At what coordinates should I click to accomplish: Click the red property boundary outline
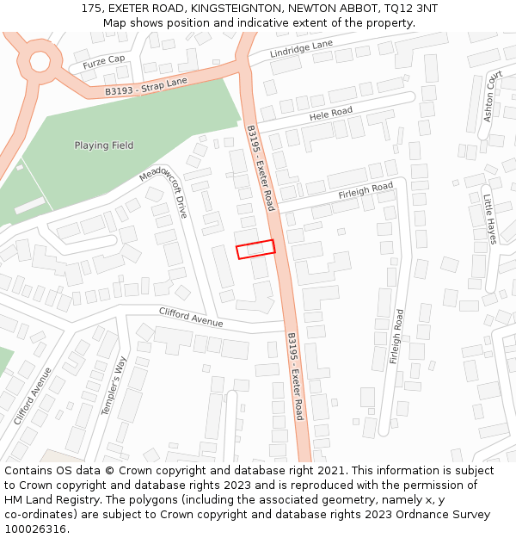(x=255, y=249)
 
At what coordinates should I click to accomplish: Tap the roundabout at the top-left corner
(x=40, y=61)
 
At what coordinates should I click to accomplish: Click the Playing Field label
(x=104, y=145)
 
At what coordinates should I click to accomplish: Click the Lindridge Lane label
(x=301, y=49)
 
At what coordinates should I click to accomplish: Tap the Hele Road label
(x=331, y=114)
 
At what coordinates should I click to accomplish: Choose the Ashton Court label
(x=493, y=96)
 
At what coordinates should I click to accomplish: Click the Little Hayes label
(x=489, y=219)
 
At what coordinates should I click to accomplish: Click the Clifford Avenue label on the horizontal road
(x=191, y=317)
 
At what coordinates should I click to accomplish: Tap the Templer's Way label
(x=114, y=386)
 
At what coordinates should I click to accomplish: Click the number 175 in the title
(x=91, y=8)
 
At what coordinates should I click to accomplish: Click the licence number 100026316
(x=35, y=529)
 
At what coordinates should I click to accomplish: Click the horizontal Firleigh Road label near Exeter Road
(x=365, y=189)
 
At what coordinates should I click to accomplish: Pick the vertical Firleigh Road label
(x=396, y=337)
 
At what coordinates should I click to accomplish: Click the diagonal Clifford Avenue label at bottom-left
(x=33, y=396)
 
